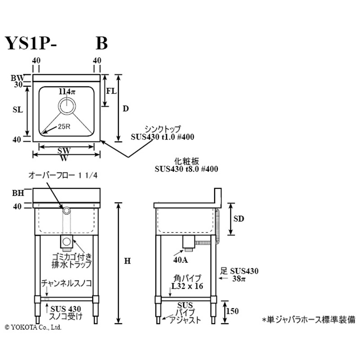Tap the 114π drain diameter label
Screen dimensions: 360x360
tap(66, 91)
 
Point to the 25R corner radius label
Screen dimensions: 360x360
tap(63, 126)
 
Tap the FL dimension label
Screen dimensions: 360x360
tap(111, 90)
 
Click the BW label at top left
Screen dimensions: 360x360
tap(17, 77)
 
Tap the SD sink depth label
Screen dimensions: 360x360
tap(239, 219)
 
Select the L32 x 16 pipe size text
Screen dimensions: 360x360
tap(186, 286)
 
